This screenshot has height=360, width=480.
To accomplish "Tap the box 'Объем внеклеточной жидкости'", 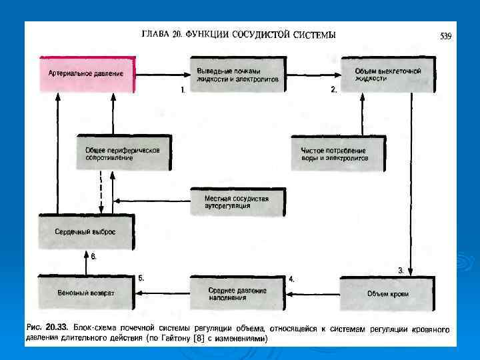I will [x=387, y=73].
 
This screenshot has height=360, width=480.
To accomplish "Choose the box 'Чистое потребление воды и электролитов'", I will [x=336, y=155].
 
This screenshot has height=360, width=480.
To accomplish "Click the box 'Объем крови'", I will [x=387, y=293].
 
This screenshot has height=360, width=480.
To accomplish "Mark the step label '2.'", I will [x=334, y=89].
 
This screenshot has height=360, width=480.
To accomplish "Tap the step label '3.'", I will [x=401, y=270].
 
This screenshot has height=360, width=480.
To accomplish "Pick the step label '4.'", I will [x=291, y=278].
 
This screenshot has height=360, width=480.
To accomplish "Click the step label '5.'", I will [x=141, y=278].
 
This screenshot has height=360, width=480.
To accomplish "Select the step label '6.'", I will [x=94, y=257].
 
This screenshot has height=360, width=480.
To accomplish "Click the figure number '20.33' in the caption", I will [x=55, y=329].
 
